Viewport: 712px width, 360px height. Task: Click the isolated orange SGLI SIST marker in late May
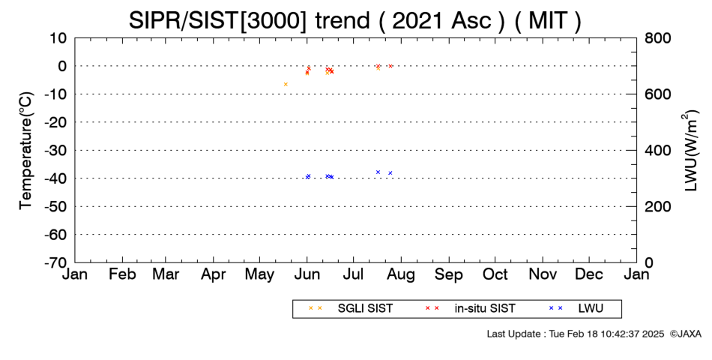pos(286,84)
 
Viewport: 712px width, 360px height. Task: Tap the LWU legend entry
pos(576,309)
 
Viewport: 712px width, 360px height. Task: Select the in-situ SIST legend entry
pos(470,309)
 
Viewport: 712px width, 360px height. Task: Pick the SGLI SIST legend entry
pos(350,309)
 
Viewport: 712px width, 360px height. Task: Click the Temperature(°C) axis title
pos(26,151)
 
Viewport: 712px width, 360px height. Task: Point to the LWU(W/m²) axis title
pos(690,151)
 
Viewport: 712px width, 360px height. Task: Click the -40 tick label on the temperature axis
pos(55,178)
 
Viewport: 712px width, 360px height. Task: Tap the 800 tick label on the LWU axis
pos(657,38)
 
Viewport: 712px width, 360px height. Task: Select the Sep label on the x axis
pos(449,274)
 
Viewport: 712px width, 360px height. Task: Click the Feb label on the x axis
pos(122,274)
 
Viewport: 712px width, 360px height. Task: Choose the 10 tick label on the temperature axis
pos(58,38)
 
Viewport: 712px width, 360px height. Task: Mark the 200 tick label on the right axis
pos(657,206)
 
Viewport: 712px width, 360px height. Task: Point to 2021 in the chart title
pos(418,20)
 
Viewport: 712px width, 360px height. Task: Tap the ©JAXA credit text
pos(686,334)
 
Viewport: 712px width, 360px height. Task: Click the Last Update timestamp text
pos(576,334)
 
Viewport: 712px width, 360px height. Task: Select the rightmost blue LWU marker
pos(390,172)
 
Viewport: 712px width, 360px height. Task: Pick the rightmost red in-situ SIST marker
pos(390,66)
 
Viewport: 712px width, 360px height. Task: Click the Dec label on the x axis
pos(589,274)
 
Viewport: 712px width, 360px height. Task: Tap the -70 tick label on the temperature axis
pos(55,262)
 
